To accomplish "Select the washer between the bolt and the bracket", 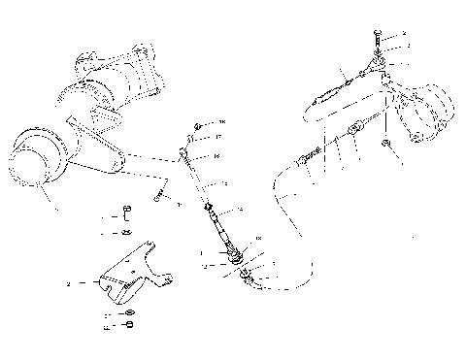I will tap(127, 233).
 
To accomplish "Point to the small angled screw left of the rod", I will tap(158, 200).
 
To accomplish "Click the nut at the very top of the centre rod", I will tap(197, 124).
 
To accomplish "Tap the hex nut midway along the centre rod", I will tap(207, 207).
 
